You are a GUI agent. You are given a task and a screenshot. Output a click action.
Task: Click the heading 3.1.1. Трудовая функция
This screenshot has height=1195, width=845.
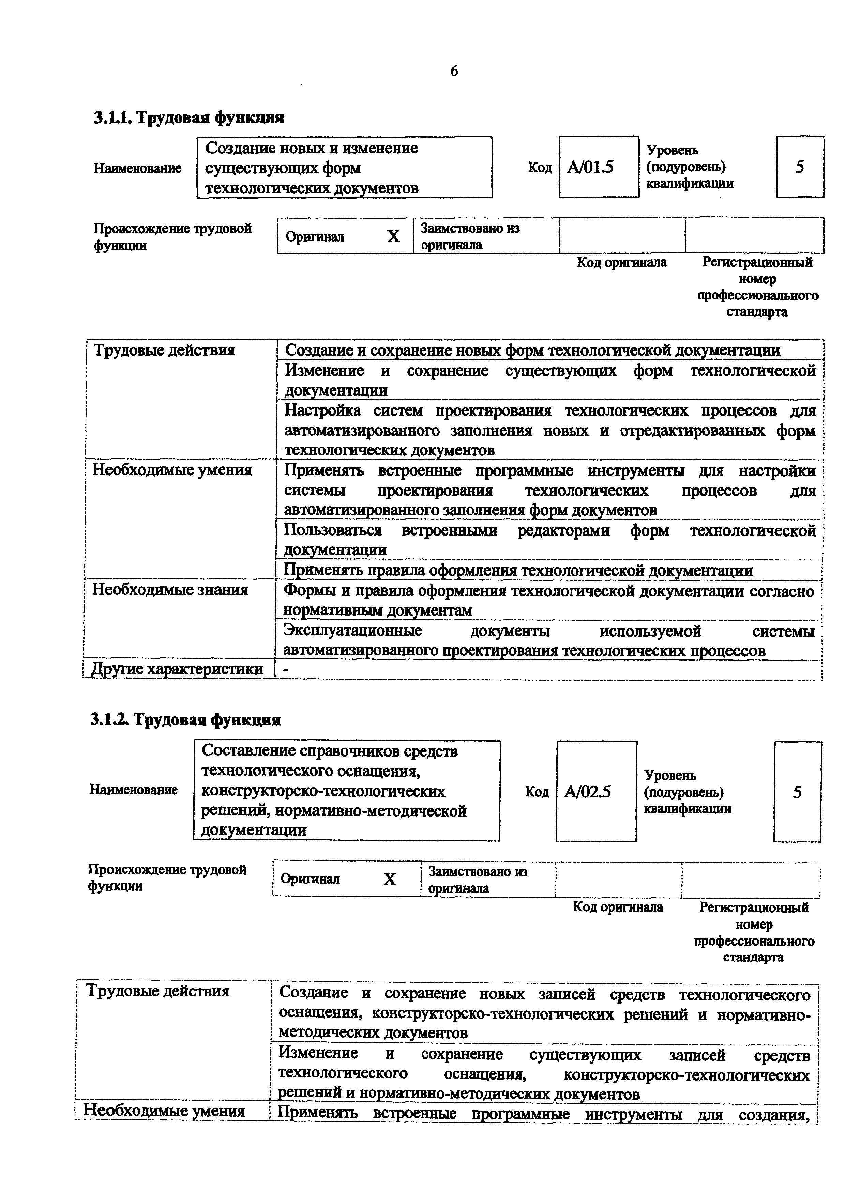(x=189, y=118)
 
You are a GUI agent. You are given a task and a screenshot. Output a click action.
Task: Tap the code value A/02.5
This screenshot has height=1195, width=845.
(x=587, y=792)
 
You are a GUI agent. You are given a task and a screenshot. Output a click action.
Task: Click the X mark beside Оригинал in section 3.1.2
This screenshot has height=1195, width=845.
(x=390, y=880)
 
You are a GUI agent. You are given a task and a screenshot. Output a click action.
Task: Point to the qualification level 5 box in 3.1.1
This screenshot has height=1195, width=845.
(x=799, y=167)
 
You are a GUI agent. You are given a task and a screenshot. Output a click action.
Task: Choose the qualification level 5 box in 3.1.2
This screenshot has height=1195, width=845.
(x=797, y=792)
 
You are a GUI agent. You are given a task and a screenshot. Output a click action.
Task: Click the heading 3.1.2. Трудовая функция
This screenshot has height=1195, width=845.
(x=185, y=720)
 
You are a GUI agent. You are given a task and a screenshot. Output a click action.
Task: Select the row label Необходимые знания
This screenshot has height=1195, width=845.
(x=170, y=590)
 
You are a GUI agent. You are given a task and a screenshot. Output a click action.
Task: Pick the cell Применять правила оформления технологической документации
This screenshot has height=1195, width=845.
(x=518, y=571)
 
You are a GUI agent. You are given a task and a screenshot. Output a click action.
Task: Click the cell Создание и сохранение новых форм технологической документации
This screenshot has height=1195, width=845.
(x=532, y=350)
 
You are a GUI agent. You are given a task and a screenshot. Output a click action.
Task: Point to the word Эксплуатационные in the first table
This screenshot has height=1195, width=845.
(x=352, y=631)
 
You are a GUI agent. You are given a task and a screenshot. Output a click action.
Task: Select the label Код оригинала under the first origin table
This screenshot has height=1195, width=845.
(x=622, y=262)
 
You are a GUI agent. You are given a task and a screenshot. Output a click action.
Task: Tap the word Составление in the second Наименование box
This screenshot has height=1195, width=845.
(x=246, y=751)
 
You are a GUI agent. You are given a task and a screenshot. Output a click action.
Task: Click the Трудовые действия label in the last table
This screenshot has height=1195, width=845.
(x=157, y=991)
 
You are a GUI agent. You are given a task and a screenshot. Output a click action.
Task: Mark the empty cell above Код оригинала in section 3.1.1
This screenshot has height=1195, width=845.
(x=622, y=236)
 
